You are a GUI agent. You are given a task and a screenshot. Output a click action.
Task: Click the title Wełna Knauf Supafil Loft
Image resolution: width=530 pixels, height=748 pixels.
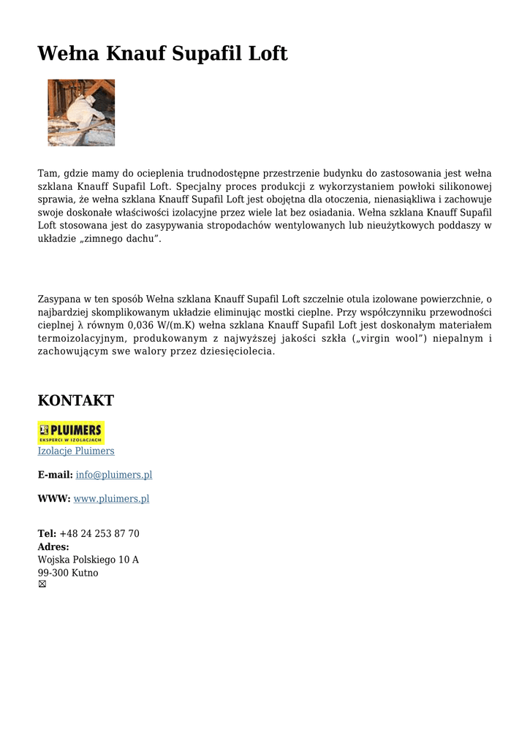click(162, 53)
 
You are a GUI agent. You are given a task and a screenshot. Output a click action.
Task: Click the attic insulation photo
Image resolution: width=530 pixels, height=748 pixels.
click(81, 112)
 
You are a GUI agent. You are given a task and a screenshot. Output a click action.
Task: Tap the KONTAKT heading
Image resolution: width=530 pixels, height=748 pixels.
click(75, 400)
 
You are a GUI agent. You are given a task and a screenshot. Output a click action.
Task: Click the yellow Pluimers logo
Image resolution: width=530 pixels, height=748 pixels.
click(71, 432)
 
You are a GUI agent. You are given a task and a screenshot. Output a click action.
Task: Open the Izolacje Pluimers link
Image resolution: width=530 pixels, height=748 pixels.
click(76, 451)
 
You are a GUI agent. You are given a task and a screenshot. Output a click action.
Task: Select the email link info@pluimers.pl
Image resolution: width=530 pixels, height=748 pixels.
click(114, 475)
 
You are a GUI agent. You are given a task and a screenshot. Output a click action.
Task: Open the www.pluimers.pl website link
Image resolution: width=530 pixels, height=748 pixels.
click(111, 499)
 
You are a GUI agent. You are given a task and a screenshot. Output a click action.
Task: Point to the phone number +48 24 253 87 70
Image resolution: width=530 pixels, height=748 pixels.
click(99, 534)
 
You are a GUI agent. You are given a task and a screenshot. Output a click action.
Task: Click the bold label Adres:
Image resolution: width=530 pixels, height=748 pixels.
click(53, 546)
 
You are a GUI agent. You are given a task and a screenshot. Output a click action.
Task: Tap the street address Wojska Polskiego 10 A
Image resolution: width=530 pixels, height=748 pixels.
click(88, 560)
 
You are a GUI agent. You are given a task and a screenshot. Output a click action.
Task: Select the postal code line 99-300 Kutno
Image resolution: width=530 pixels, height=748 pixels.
click(68, 573)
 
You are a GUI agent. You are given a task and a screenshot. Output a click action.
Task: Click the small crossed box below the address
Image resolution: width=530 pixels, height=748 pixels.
click(42, 584)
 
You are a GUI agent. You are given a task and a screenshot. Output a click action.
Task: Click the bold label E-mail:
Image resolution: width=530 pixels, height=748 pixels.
click(55, 475)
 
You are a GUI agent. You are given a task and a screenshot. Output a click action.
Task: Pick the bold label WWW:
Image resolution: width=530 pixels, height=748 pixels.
click(54, 499)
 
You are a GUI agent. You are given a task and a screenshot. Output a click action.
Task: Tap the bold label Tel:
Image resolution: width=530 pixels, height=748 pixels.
click(47, 534)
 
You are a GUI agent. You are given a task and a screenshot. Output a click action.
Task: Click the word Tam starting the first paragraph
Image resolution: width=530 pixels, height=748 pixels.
click(48, 173)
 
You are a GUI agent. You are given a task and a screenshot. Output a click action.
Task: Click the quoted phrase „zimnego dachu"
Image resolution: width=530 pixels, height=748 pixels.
click(117, 239)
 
